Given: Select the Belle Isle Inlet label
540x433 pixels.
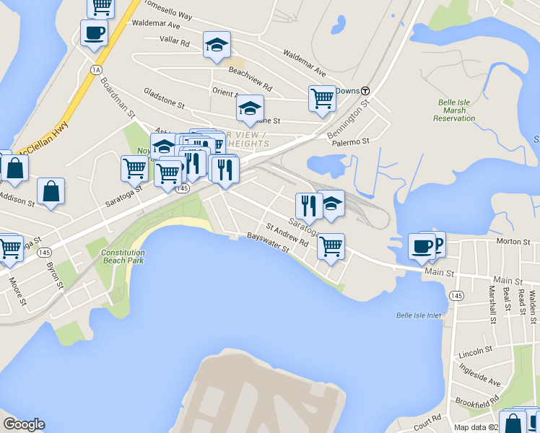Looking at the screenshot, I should [x=418, y=315].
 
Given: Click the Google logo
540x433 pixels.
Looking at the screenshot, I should [x=24, y=424].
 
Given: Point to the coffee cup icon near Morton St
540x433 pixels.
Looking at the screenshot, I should [x=422, y=245].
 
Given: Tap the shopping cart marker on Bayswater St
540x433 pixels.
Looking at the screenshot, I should [x=331, y=246].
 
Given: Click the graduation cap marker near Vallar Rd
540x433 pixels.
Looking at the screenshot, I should [x=217, y=45].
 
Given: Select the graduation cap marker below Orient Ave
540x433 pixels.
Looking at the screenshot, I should [x=250, y=108].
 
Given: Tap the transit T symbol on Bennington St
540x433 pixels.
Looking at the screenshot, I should [x=366, y=91].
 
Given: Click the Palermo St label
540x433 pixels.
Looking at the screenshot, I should [x=351, y=141].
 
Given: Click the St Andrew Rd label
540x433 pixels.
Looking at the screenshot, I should [x=287, y=235].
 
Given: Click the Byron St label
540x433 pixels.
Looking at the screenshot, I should [x=55, y=275].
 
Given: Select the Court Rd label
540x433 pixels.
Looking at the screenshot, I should [x=427, y=419].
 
